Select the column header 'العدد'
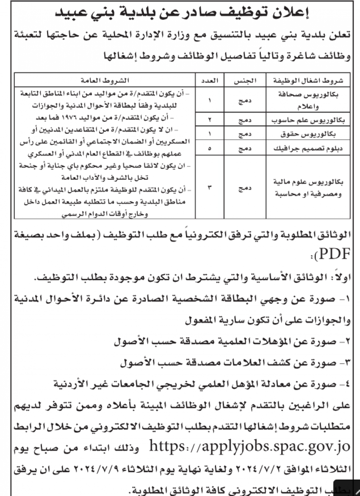click(209, 80)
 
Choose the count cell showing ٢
click(209, 120)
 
